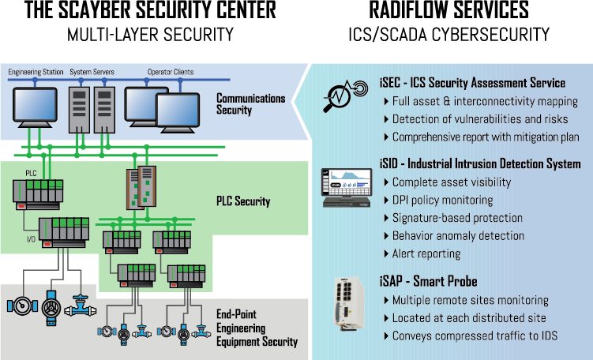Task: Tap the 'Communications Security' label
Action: coord(250,104)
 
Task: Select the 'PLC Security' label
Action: coord(243,201)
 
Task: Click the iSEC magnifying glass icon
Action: coord(343,96)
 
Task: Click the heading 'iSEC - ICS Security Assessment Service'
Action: coord(472,83)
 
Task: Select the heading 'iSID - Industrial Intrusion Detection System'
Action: coord(480,164)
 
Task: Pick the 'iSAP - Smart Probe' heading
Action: coord(428,281)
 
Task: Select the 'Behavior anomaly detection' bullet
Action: coord(458,235)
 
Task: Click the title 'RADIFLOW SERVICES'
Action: coord(449,11)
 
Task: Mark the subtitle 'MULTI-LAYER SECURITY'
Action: coord(150,34)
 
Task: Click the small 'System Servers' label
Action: coord(92,73)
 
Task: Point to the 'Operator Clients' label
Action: coord(171,73)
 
